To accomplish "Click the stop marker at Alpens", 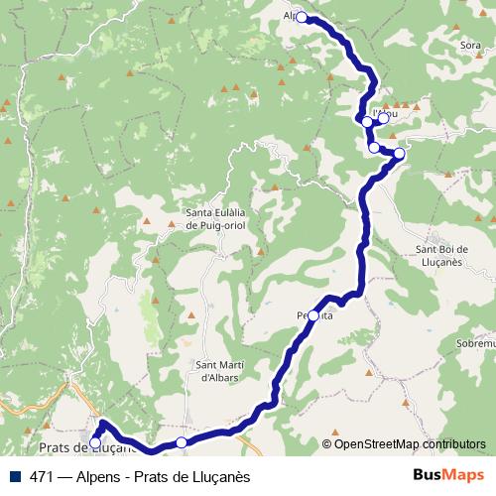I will tap(302, 17).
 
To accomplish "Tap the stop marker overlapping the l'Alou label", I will tap(384, 118).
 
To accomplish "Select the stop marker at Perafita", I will tap(313, 315).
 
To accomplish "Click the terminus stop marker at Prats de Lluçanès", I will tap(96, 442).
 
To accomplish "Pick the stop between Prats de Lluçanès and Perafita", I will tap(181, 441).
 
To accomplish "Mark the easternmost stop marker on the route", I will tap(399, 154).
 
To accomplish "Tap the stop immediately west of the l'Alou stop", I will tap(367, 122).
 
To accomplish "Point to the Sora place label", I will tap(471, 46).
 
